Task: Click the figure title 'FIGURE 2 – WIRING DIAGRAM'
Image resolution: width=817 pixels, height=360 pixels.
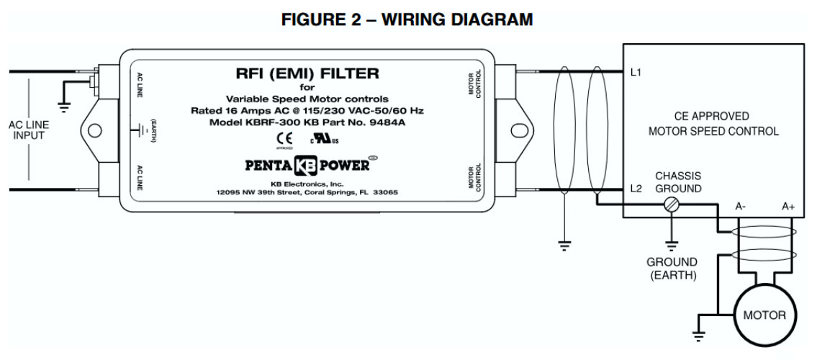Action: (408, 21)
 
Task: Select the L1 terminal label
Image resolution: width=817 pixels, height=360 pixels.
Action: (635, 73)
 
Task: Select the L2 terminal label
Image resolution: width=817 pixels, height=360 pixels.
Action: (635, 189)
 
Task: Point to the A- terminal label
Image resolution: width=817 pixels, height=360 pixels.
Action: (741, 205)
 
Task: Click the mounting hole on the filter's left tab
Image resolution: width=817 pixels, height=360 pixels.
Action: (93, 131)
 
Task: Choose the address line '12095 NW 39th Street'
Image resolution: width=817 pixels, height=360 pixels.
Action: (302, 194)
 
